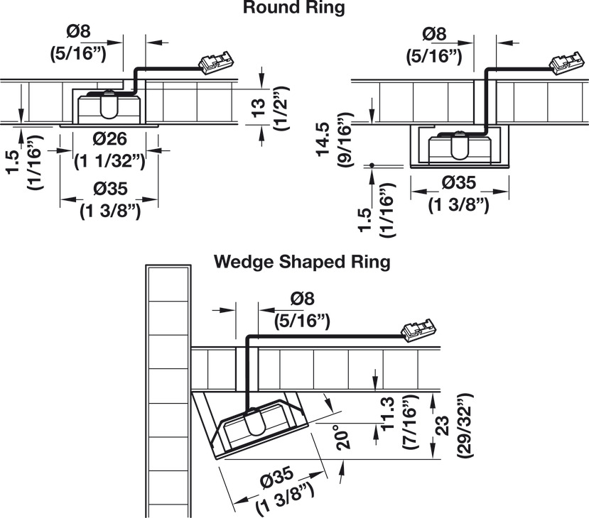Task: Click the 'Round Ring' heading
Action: point(293,9)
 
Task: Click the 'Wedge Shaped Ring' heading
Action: point(303,261)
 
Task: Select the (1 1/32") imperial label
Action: point(110,160)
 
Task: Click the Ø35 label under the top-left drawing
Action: point(109,189)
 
